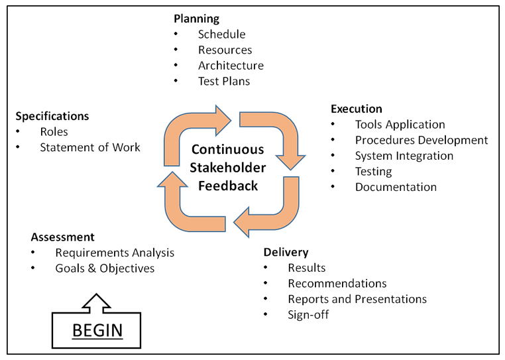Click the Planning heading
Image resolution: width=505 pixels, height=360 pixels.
click(x=196, y=19)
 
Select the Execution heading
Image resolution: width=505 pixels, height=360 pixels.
click(x=356, y=109)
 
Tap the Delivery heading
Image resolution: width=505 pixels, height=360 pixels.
click(x=286, y=252)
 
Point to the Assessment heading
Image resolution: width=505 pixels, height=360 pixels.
click(x=62, y=237)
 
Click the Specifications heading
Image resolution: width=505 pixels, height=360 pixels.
click(x=52, y=116)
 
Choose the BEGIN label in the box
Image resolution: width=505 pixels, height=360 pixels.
click(x=97, y=330)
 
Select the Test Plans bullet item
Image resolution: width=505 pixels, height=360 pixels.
click(x=224, y=82)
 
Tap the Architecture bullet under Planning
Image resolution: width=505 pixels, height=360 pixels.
click(x=231, y=66)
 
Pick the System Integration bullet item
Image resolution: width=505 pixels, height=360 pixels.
click(x=404, y=156)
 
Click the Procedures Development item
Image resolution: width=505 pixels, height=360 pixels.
click(x=421, y=140)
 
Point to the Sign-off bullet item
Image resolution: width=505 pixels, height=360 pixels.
click(x=308, y=314)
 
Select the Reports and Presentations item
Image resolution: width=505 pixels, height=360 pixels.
click(x=357, y=299)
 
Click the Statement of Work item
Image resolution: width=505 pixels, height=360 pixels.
click(x=89, y=147)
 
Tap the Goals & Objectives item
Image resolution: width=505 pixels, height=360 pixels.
click(x=105, y=269)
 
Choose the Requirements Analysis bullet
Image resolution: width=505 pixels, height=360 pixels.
click(x=115, y=253)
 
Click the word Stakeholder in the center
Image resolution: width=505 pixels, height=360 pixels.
click(x=228, y=168)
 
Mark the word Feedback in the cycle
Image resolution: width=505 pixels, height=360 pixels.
click(x=228, y=186)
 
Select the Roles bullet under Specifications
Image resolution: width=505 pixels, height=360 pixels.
click(x=54, y=132)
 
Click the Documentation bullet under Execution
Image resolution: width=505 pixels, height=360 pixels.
click(x=396, y=187)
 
